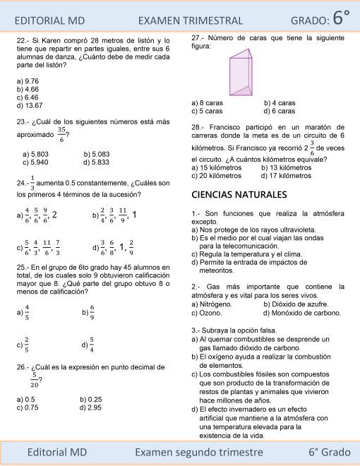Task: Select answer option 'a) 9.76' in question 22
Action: pyautogui.click(x=28, y=82)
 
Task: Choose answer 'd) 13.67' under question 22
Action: pyautogui.click(x=29, y=105)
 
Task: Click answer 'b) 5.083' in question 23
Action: pyautogui.click(x=96, y=154)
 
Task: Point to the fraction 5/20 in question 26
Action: pyautogui.click(x=34, y=381)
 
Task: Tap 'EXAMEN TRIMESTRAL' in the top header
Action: pyautogui.click(x=191, y=21)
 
